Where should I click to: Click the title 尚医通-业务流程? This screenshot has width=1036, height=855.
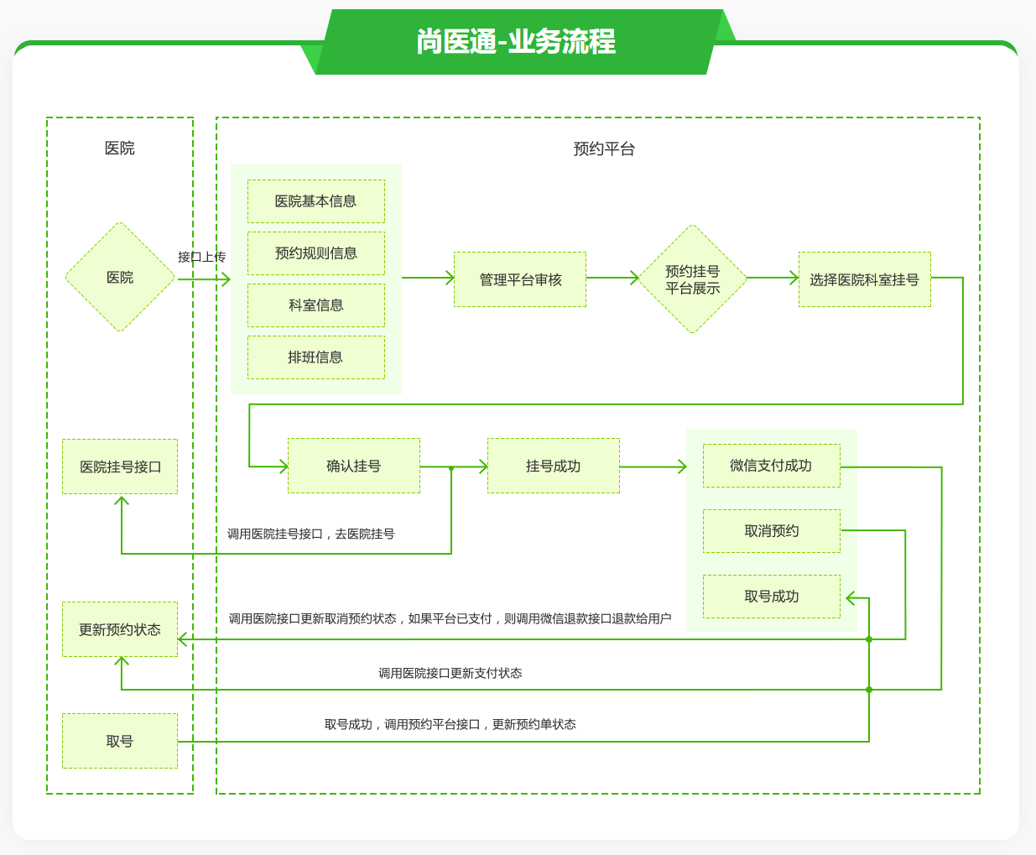click(516, 42)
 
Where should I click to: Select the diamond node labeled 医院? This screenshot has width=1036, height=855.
click(120, 278)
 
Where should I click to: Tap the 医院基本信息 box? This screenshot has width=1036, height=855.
click(316, 201)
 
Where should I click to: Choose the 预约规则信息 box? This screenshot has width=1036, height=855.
click(316, 253)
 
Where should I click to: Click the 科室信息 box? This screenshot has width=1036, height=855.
click(316, 305)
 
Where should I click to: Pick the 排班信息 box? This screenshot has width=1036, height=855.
click(316, 357)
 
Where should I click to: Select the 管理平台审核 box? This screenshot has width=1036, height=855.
click(520, 279)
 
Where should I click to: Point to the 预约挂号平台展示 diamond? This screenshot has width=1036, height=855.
click(692, 279)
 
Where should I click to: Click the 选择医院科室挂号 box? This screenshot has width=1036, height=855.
click(864, 279)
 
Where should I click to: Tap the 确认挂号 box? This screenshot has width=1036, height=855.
click(354, 466)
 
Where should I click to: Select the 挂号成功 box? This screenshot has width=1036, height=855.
click(554, 466)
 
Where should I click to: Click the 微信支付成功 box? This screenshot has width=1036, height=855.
click(771, 466)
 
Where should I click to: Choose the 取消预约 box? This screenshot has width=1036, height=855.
click(771, 531)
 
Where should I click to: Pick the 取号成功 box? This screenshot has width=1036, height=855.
click(771, 597)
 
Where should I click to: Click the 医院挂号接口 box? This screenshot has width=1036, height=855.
click(120, 467)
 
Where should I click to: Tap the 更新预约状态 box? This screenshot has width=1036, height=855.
click(120, 629)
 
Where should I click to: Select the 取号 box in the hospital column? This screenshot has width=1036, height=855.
click(120, 741)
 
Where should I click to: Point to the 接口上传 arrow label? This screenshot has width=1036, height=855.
click(201, 257)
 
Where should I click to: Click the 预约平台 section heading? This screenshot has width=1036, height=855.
click(604, 149)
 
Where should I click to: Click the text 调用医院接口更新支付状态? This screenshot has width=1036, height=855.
click(450, 673)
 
